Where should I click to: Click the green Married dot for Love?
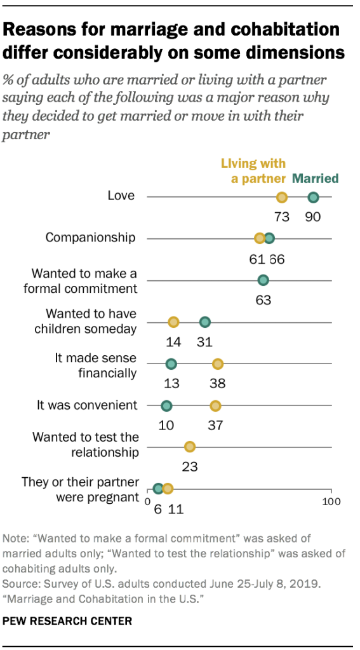click(x=313, y=197)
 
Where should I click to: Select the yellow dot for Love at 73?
click(x=282, y=197)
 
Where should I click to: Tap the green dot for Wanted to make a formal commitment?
click(x=263, y=280)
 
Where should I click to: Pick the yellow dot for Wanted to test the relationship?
click(x=189, y=447)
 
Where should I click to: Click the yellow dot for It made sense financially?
click(x=217, y=363)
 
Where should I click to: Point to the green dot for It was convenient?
click(x=166, y=405)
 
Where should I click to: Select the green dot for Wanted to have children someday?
click(x=204, y=322)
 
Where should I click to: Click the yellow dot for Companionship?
click(x=260, y=238)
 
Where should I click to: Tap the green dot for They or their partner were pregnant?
click(x=158, y=489)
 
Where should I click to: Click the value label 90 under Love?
click(x=312, y=217)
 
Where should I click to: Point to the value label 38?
click(x=217, y=383)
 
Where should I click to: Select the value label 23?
click(x=189, y=466)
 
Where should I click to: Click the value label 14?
click(x=173, y=342)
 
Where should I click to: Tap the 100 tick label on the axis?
click(x=331, y=503)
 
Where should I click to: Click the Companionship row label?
click(x=90, y=238)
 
